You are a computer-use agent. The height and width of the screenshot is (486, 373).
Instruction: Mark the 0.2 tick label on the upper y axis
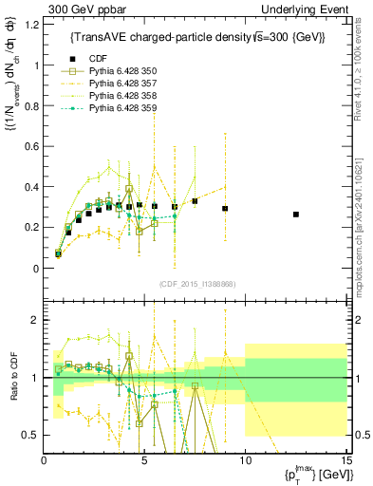[31, 228]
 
